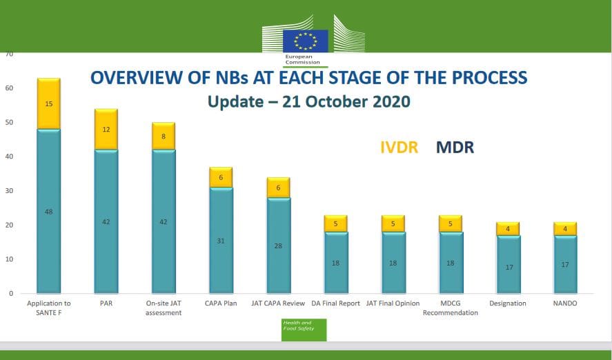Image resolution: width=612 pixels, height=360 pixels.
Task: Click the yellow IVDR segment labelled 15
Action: point(49,103)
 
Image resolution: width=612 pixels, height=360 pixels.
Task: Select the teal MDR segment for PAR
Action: point(106,221)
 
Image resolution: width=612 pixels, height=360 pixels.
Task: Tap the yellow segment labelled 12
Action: point(106,130)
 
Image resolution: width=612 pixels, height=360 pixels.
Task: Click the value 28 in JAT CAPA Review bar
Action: point(277,245)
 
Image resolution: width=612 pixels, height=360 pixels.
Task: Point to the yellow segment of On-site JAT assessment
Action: point(164,137)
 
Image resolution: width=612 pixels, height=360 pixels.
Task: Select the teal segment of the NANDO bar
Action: point(564,264)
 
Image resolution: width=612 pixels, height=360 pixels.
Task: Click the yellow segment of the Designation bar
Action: point(507,228)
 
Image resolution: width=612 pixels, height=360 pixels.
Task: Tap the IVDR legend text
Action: point(399,147)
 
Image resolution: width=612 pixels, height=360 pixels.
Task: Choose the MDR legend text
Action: point(455,147)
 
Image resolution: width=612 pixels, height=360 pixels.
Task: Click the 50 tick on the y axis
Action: point(10,123)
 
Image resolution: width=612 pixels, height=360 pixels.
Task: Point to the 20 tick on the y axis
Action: point(10,226)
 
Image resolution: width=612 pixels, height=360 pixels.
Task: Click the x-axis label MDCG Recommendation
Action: point(450,308)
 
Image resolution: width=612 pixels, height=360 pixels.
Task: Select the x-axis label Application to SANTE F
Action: point(49,308)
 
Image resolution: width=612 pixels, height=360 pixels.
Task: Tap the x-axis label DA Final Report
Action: point(335,303)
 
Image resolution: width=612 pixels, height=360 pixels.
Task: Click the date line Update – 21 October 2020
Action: point(308,101)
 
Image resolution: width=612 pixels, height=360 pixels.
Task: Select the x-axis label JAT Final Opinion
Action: point(393,303)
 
